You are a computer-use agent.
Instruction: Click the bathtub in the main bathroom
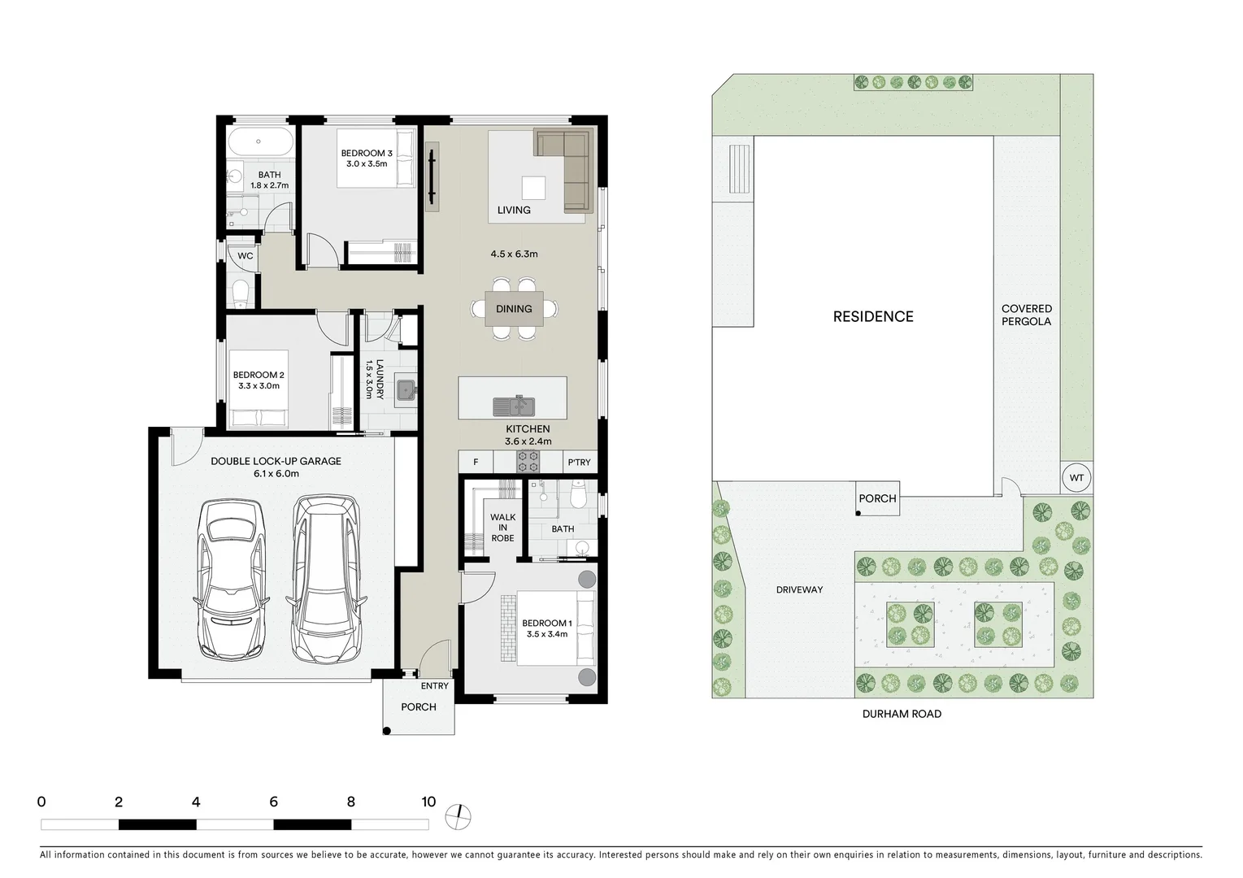(x=259, y=142)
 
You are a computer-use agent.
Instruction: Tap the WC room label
(x=246, y=256)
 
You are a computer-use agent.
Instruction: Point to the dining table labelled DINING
(x=514, y=309)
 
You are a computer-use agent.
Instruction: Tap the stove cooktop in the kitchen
(x=528, y=462)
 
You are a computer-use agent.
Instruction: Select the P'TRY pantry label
(x=579, y=463)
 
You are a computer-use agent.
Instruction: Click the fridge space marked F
(x=476, y=463)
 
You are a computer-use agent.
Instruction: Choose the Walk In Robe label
(x=502, y=528)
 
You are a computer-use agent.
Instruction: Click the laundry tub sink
(x=406, y=391)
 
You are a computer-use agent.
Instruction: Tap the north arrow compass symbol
(x=459, y=815)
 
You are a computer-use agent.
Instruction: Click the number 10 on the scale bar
(x=428, y=802)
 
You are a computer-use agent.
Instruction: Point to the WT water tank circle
(x=1076, y=478)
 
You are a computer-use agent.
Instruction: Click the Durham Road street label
(x=902, y=714)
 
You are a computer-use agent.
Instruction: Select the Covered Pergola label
(x=1026, y=315)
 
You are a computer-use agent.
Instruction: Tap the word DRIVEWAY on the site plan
(x=799, y=589)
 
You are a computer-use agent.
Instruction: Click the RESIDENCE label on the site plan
(x=873, y=317)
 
